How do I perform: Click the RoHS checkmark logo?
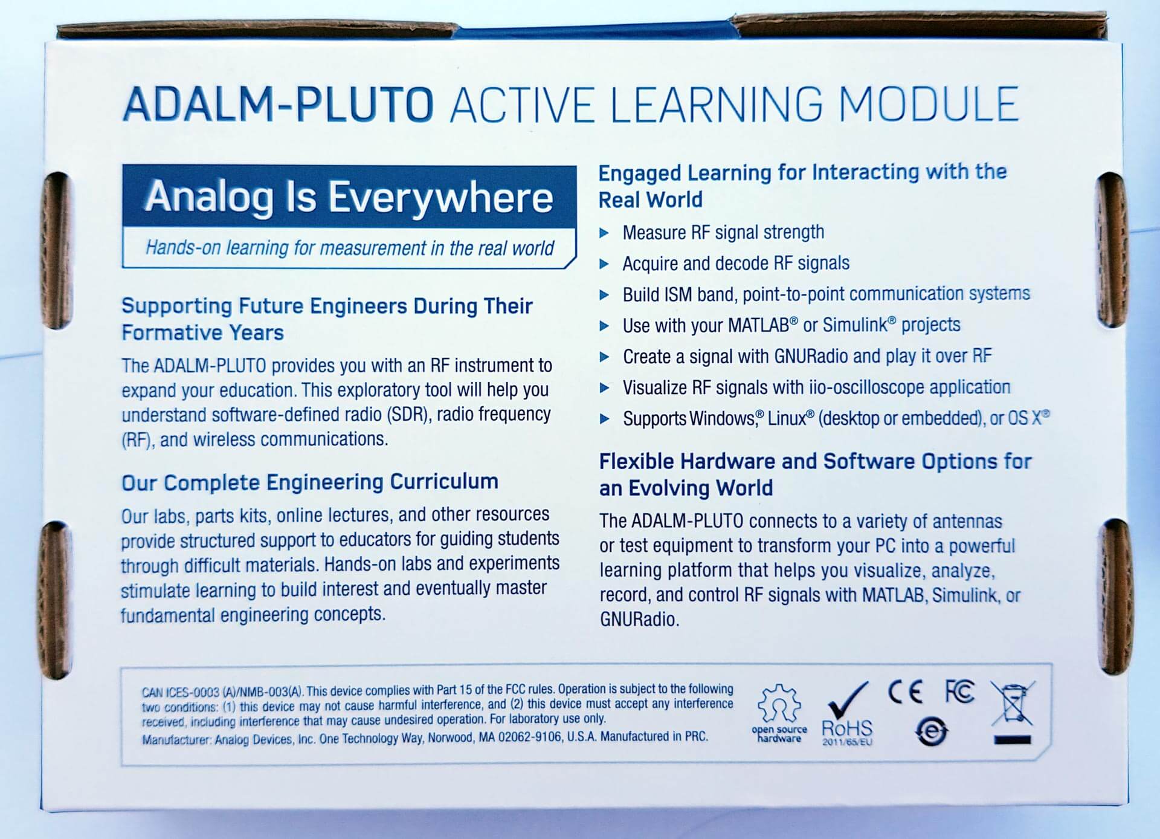847,714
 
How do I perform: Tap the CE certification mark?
905,692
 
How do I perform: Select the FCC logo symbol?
959,692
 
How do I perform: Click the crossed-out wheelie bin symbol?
1012,711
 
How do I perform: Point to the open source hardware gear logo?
779,713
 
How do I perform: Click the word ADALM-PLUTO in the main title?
278,104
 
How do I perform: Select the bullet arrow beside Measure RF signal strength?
604,233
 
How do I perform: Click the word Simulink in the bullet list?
858,325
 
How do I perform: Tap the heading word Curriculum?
444,482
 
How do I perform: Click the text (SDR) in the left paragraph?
409,415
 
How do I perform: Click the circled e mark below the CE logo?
932,731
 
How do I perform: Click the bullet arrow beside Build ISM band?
604,295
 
